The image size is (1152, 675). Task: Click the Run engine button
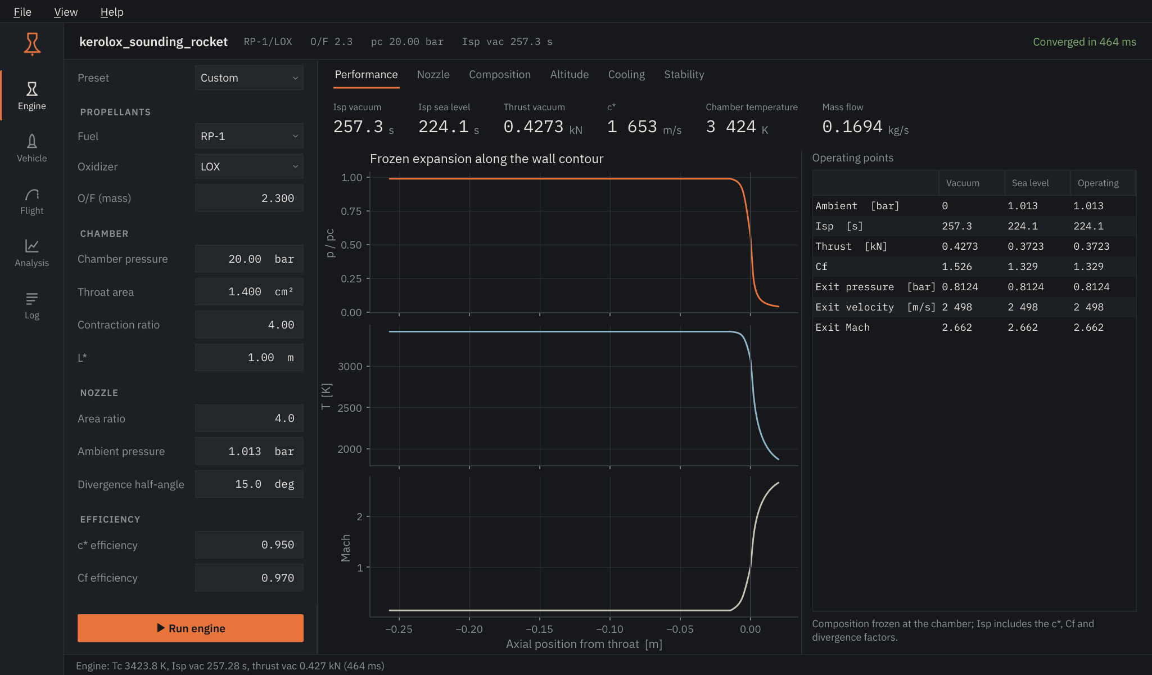coord(191,628)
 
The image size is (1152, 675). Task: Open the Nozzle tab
coord(433,74)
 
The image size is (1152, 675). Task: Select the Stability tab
coord(684,74)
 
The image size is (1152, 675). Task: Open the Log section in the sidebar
coord(32,305)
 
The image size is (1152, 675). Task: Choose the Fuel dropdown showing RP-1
coord(249,136)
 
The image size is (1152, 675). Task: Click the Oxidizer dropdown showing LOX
coord(249,166)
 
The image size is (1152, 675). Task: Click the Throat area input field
coord(249,292)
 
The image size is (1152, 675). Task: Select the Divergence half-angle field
coord(249,484)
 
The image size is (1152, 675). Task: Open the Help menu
coord(112,12)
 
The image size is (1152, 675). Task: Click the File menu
coord(22,12)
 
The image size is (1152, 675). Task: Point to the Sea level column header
coord(1030,183)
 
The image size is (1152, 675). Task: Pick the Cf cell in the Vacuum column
coord(957,267)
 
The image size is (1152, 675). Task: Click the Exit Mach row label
coord(842,327)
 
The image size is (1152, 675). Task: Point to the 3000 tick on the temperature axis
coord(350,366)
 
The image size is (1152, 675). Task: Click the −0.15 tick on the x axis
coord(539,629)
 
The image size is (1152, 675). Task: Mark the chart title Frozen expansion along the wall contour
coord(486,159)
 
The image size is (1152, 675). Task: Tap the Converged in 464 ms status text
coord(1084,42)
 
